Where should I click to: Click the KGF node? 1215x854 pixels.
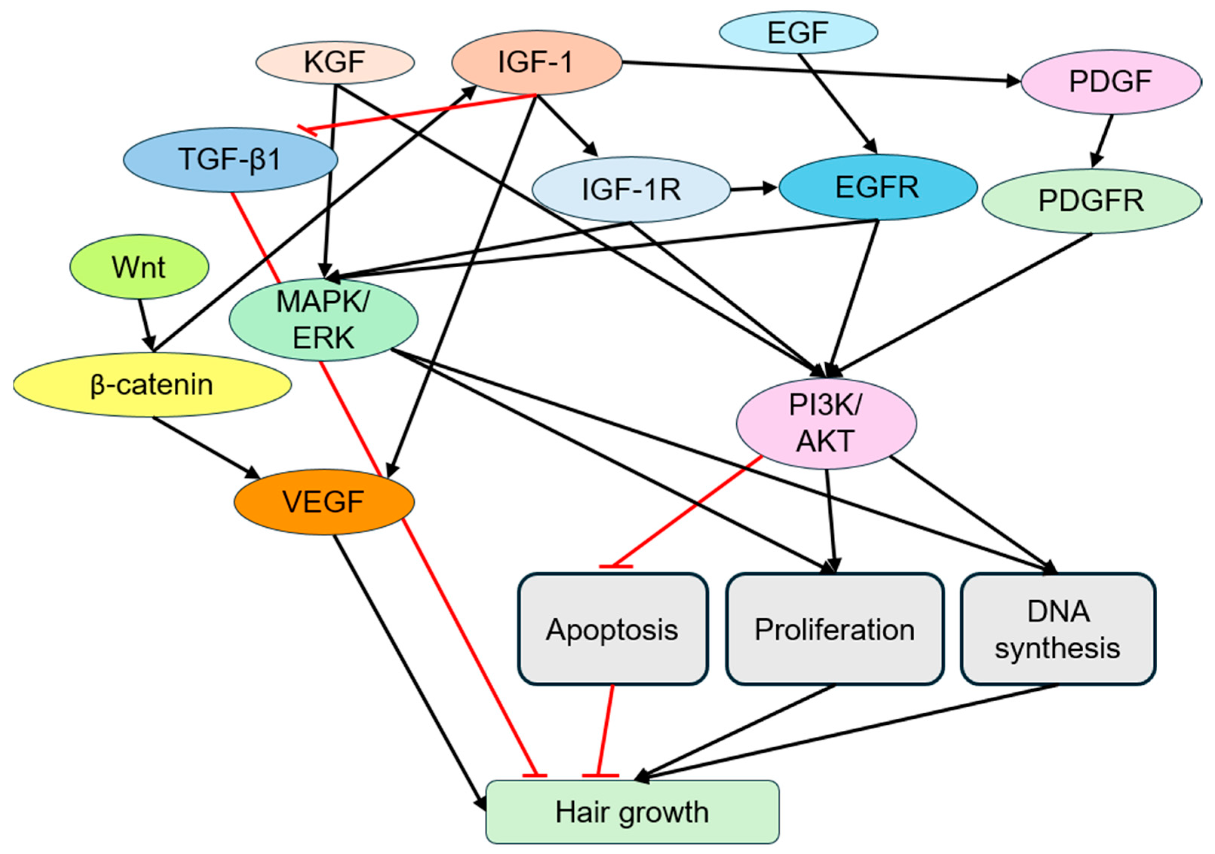[x=335, y=62]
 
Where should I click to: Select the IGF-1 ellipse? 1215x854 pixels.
[x=537, y=62]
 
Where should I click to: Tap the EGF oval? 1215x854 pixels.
[x=799, y=32]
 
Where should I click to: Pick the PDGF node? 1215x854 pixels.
[x=1111, y=82]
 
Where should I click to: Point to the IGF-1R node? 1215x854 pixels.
[x=631, y=189]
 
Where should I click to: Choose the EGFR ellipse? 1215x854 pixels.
[x=878, y=187]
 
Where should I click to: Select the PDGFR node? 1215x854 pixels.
[x=1092, y=201]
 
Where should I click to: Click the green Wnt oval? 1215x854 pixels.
[x=140, y=267]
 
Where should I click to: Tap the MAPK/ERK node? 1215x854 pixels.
[x=323, y=320]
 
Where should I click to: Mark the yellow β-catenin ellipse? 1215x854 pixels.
[x=152, y=385]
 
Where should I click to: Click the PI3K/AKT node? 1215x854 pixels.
[x=826, y=423]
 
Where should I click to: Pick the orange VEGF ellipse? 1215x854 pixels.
[x=324, y=502]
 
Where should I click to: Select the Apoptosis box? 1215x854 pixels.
[x=613, y=629]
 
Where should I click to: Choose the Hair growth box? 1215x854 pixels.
[x=632, y=812]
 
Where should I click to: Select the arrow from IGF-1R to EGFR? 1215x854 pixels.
[x=754, y=188]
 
